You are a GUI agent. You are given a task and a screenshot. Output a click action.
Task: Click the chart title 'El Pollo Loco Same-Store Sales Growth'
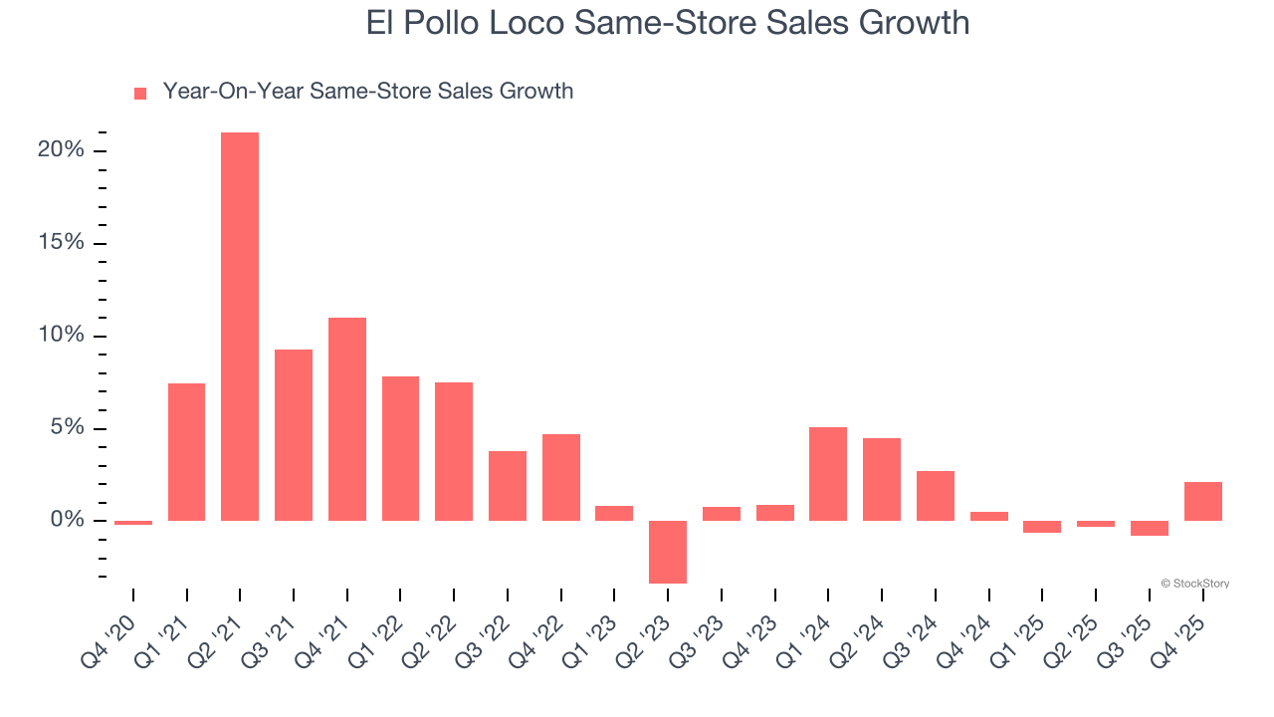point(667,23)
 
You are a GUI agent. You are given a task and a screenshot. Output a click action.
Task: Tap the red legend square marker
point(140,93)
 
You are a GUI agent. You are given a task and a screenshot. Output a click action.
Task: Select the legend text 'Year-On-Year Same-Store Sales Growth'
point(367,92)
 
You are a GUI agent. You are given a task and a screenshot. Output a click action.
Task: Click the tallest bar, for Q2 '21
point(240,327)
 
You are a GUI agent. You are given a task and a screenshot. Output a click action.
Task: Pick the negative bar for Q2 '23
point(668,552)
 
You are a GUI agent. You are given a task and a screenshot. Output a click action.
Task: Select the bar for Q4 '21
point(347,419)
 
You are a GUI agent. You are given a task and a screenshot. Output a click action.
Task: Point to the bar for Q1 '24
point(828,474)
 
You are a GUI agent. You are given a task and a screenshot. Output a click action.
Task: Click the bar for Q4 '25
point(1202,501)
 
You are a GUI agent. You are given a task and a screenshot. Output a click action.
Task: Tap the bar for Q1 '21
point(186,452)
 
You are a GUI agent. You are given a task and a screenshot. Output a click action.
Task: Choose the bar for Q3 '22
point(508,486)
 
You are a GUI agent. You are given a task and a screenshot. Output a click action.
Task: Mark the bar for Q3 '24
point(936,496)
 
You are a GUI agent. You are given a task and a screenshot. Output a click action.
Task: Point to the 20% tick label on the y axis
point(61,150)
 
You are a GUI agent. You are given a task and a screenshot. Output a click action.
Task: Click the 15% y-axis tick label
point(61,243)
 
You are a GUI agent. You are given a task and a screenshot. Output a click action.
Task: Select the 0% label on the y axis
point(66,521)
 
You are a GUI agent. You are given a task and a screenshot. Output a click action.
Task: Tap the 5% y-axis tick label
point(66,428)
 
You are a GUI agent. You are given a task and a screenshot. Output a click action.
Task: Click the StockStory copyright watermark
point(1194,584)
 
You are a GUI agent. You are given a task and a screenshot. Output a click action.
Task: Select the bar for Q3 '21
point(294,435)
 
